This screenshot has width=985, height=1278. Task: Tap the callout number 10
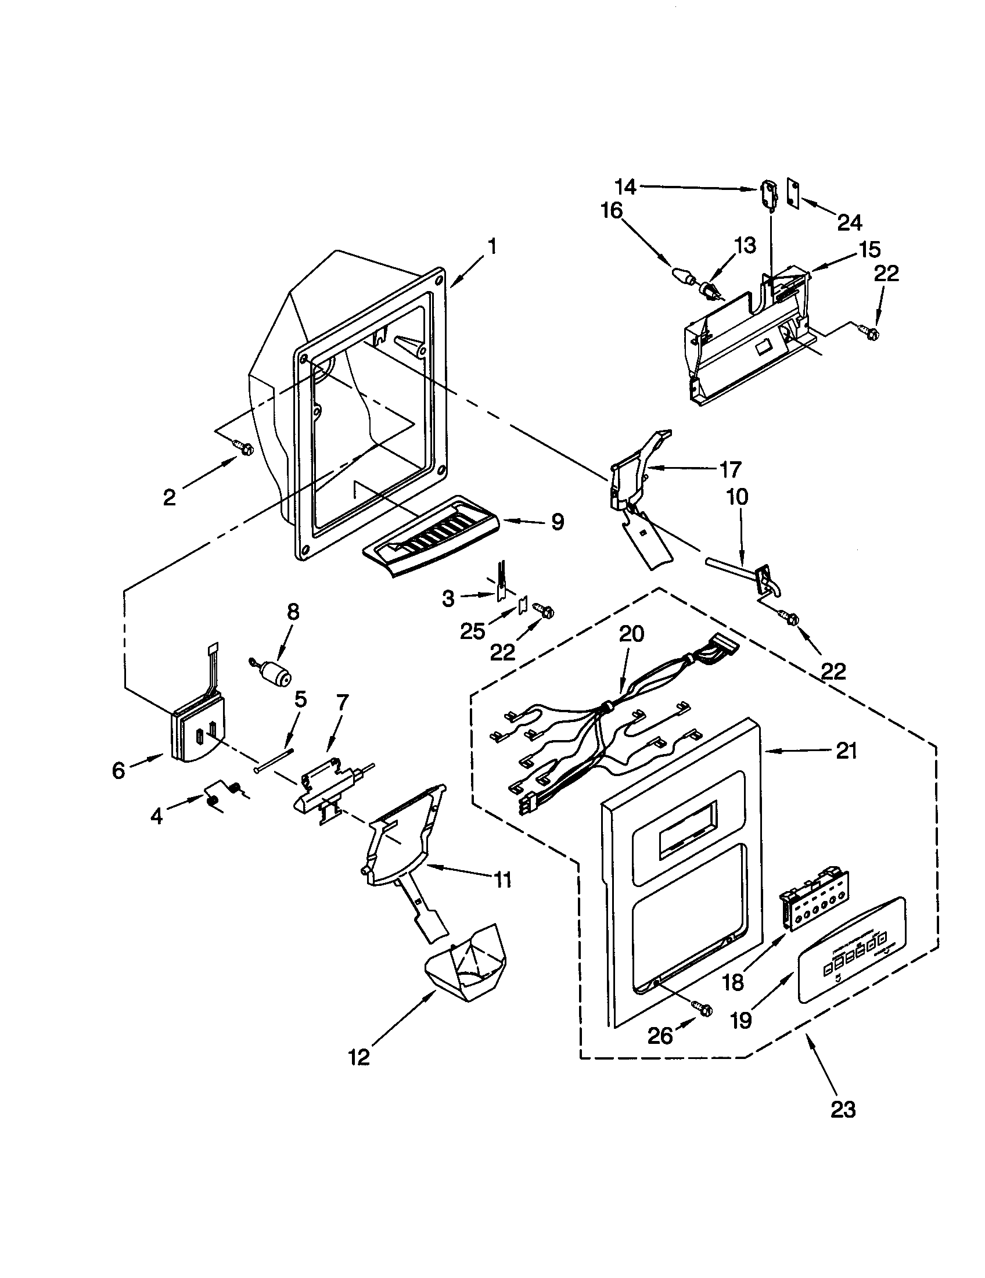coord(738,497)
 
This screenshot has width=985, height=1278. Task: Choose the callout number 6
coord(118,771)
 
